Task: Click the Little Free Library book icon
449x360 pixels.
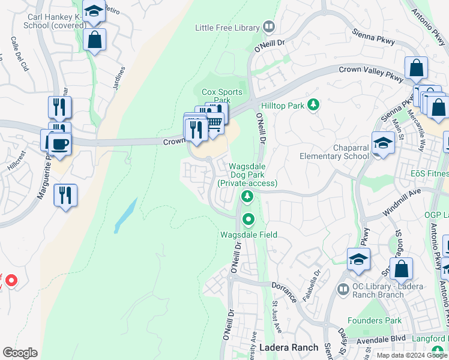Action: click(269, 27)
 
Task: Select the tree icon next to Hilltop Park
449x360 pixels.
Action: click(312, 106)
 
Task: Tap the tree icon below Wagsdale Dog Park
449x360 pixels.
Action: click(246, 196)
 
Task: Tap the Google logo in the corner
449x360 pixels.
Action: click(20, 352)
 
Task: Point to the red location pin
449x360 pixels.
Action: click(11, 280)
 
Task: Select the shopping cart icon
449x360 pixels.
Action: click(214, 122)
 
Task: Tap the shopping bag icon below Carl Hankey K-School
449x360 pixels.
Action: click(95, 40)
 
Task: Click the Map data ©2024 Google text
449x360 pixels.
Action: click(411, 355)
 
